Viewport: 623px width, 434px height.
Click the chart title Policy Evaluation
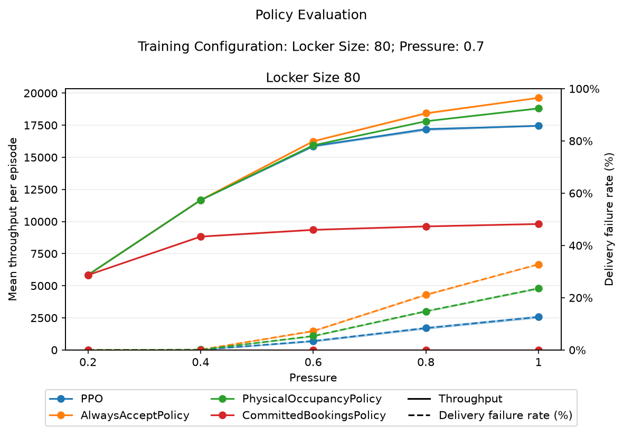pyautogui.click(x=311, y=15)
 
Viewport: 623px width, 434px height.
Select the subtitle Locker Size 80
pyautogui.click(x=313, y=77)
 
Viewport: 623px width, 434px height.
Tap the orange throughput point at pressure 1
pyautogui.click(x=539, y=98)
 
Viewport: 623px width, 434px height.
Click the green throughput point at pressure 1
pyautogui.click(x=539, y=109)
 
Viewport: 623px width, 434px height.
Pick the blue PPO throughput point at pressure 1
pyautogui.click(x=539, y=126)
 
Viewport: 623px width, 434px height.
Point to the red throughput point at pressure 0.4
pyautogui.click(x=201, y=237)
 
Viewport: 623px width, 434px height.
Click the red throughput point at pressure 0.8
pyautogui.click(x=426, y=227)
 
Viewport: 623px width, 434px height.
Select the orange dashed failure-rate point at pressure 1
pyautogui.click(x=539, y=265)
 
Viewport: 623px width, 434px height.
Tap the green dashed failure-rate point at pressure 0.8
pyautogui.click(x=426, y=312)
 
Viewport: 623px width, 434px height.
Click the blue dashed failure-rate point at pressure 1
pyautogui.click(x=539, y=317)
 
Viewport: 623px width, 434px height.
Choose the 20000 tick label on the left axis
pyautogui.click(x=41, y=93)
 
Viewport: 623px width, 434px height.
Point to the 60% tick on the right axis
pyautogui.click(x=581, y=194)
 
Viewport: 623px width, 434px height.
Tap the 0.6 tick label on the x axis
pyautogui.click(x=313, y=363)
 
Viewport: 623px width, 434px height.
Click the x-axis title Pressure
pyautogui.click(x=313, y=378)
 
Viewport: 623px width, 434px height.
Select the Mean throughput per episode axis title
pyautogui.click(x=13, y=220)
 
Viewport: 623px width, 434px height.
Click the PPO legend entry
pyautogui.click(x=76, y=399)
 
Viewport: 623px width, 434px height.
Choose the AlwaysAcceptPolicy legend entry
pyautogui.click(x=119, y=416)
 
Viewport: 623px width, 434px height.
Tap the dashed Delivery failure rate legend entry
pyautogui.click(x=490, y=416)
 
